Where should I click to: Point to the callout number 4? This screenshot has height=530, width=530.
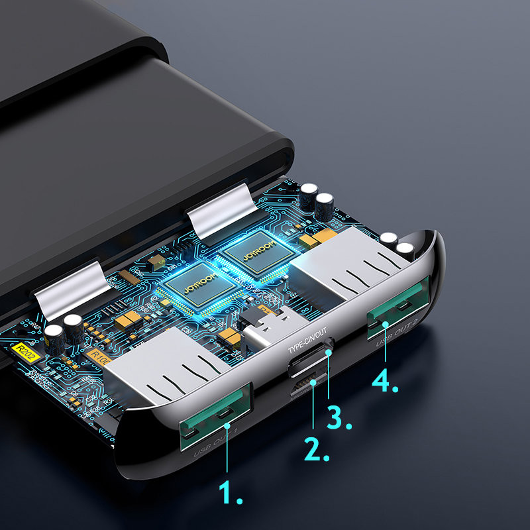(x=384, y=381)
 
